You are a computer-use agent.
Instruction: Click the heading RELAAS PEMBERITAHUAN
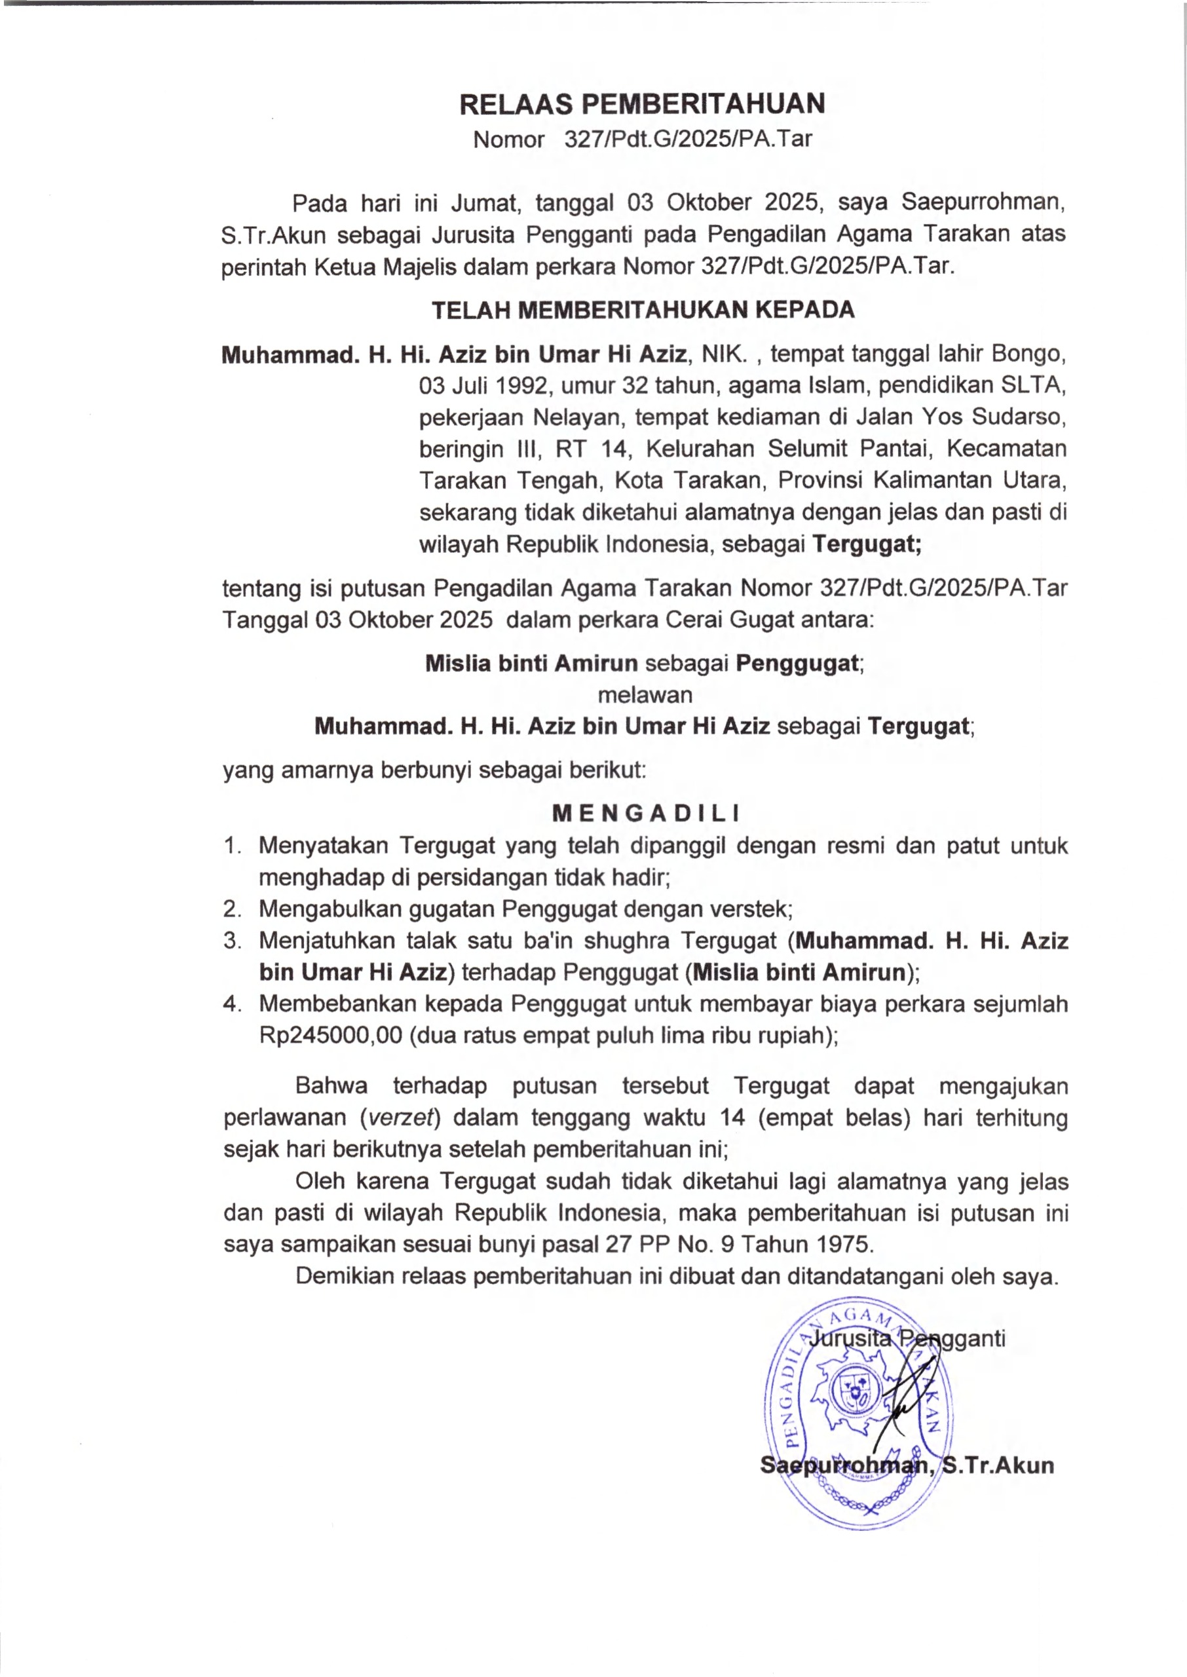pos(642,105)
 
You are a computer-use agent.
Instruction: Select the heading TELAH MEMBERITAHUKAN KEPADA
pos(643,310)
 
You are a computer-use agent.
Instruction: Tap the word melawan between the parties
pos(645,694)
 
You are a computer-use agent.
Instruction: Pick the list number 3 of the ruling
pos(232,941)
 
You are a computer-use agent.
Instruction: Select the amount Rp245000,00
pos(330,1036)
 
